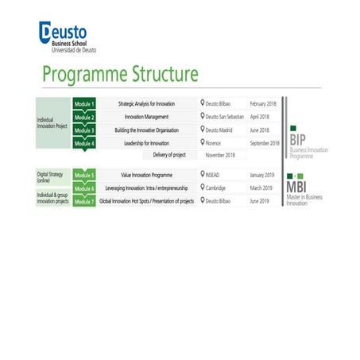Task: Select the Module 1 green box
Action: point(83,104)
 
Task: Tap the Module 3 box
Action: point(83,130)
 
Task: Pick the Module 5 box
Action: point(83,175)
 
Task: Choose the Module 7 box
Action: point(83,201)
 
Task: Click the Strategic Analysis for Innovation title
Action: point(148,104)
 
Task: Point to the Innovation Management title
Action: point(148,117)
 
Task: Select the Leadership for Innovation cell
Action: point(148,143)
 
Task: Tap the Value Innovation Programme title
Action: point(148,175)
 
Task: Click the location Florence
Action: point(212,143)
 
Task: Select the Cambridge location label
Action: point(215,188)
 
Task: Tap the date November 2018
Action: point(220,155)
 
